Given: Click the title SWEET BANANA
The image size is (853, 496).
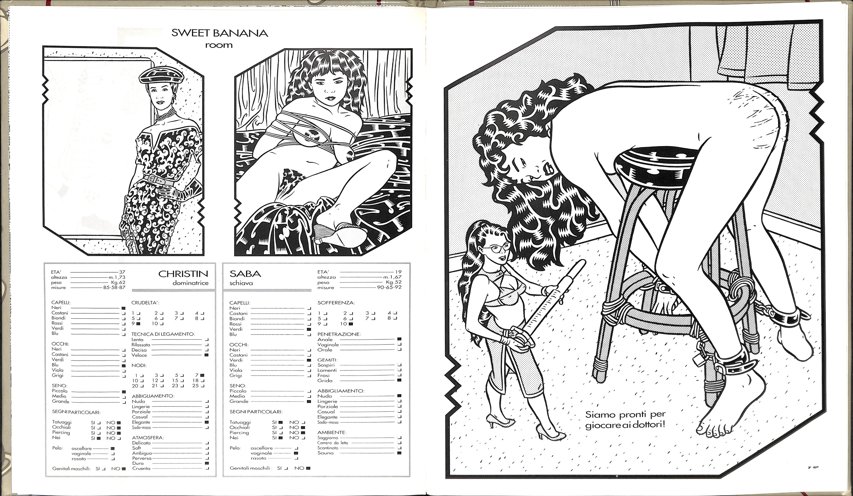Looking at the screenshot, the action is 220,33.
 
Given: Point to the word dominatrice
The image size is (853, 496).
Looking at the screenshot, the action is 191,283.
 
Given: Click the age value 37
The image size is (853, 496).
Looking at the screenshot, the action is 122,272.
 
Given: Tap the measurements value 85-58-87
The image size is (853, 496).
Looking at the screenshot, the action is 114,287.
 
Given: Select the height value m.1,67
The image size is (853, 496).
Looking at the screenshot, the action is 392,277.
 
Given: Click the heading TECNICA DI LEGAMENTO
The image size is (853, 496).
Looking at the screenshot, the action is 163,334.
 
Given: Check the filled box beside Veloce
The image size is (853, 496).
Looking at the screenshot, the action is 206,355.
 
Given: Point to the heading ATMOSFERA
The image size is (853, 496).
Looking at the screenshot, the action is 148,438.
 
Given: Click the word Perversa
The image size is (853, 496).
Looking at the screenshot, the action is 142,458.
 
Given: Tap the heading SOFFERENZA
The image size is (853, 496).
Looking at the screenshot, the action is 336,303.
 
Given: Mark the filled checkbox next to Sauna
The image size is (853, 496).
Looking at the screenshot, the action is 399,453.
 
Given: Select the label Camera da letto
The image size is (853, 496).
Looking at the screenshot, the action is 333,443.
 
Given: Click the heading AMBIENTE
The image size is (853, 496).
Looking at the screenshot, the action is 331,432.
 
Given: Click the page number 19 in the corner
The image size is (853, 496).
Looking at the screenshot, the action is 813,467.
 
